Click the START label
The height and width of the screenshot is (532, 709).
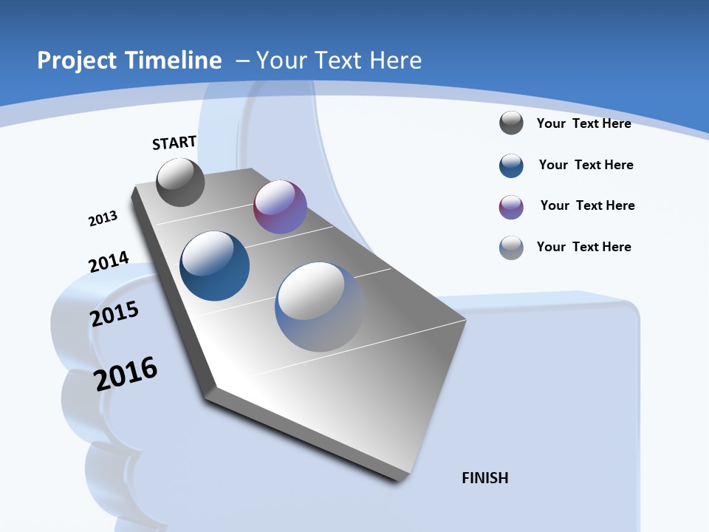(174, 143)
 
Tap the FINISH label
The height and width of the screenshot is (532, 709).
(484, 478)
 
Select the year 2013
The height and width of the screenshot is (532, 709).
(103, 219)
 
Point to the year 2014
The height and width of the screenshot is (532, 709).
(109, 262)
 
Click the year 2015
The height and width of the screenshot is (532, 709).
(114, 314)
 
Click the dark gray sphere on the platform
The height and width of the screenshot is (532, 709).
(180, 183)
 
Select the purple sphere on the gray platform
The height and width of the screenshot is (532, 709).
(280, 207)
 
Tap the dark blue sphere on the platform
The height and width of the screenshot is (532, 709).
(215, 266)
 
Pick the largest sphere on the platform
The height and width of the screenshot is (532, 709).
(319, 307)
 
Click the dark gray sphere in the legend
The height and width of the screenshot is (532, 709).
(511, 123)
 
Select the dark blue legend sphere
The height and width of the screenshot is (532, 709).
(511, 166)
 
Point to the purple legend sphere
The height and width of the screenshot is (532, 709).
(511, 207)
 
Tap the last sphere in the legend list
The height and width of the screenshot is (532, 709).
(511, 248)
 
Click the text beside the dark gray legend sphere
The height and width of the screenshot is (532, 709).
(583, 123)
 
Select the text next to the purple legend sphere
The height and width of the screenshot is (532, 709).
(587, 205)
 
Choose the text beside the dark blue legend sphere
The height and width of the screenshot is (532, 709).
(586, 165)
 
